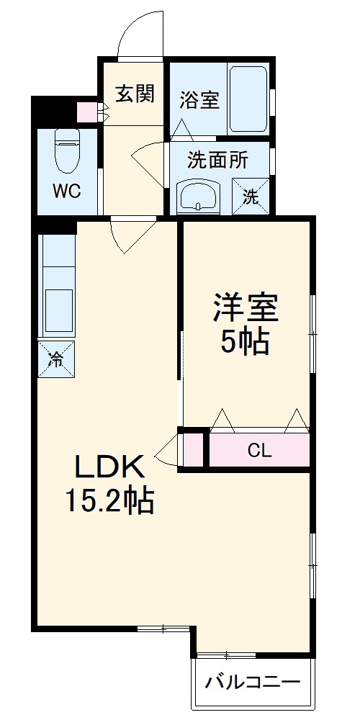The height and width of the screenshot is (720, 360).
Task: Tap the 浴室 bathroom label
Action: tap(199, 99)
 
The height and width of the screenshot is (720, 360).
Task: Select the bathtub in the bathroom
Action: tap(248, 99)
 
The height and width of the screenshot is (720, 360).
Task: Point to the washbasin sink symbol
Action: tap(198, 195)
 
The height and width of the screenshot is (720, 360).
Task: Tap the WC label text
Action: tap(65, 192)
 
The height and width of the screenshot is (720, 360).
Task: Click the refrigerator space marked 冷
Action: tap(55, 359)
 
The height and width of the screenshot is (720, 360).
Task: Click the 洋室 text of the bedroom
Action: tap(245, 310)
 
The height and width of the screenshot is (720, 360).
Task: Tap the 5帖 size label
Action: tap(245, 343)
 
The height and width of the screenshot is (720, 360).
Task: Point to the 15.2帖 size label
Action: tap(109, 500)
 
